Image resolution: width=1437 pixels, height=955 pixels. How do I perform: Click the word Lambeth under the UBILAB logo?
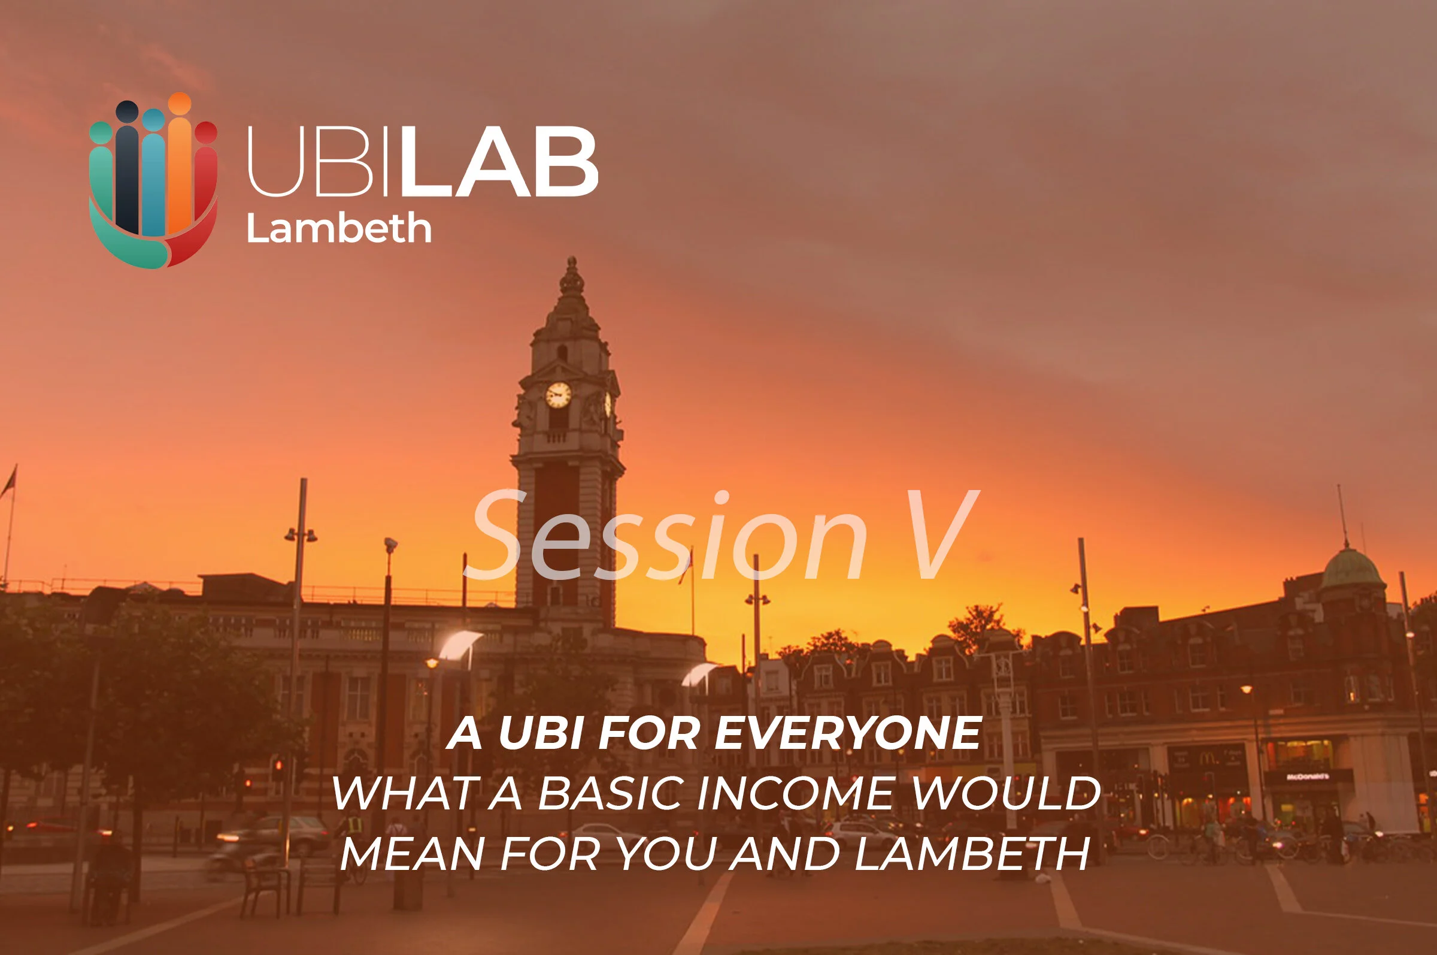coord(338,228)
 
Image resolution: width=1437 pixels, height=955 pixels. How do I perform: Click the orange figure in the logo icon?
coord(180,164)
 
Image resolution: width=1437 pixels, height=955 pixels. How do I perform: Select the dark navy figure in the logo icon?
coord(127,164)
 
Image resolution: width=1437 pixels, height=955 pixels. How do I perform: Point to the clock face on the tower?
coord(558,395)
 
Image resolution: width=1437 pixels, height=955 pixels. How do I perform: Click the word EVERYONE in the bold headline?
coord(847,733)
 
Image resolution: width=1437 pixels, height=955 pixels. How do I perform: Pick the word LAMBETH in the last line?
coord(971,854)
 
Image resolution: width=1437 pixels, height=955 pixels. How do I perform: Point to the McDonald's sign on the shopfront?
coord(1306,776)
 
